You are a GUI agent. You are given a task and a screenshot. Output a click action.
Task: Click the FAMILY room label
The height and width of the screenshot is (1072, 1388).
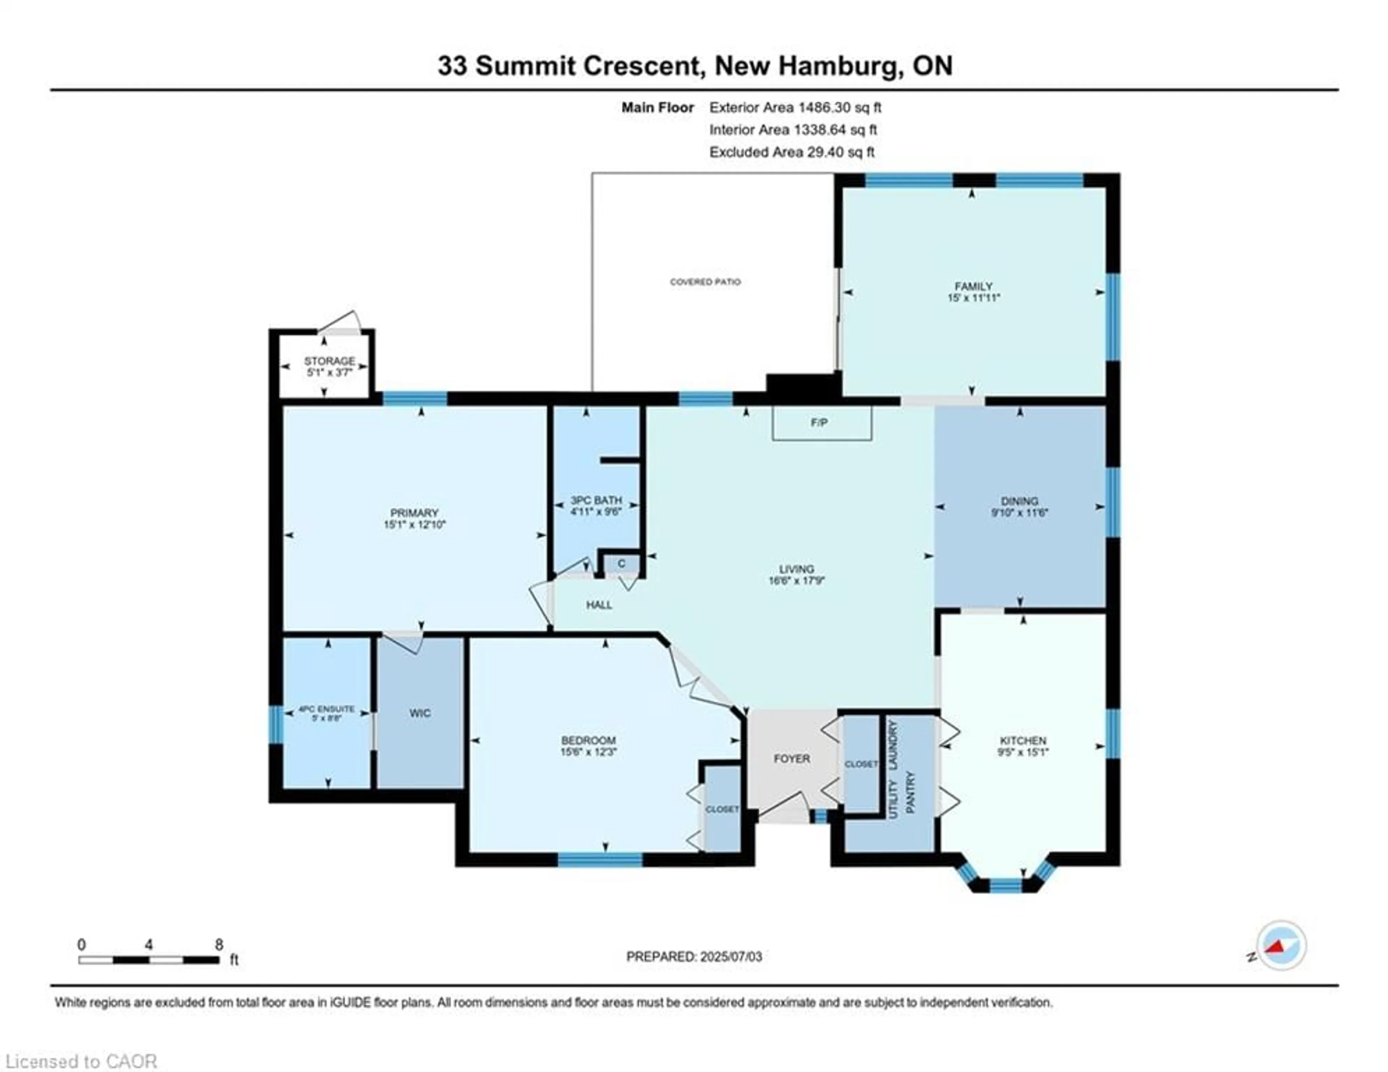pos(973,286)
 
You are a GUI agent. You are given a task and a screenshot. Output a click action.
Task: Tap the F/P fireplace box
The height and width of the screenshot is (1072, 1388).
pos(821,423)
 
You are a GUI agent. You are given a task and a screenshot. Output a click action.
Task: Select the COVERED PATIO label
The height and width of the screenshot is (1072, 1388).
pos(706,282)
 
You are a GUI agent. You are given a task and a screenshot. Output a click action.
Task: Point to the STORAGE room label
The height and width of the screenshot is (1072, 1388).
pos(329,361)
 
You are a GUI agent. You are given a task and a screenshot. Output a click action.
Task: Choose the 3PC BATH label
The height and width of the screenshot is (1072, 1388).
pos(596,500)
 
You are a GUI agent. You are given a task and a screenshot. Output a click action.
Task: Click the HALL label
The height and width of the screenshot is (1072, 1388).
pos(599,605)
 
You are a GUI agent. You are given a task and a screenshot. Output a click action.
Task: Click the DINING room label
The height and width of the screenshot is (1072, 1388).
pos(1019,501)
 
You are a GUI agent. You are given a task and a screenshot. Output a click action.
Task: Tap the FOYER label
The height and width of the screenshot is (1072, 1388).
pos(792,758)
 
